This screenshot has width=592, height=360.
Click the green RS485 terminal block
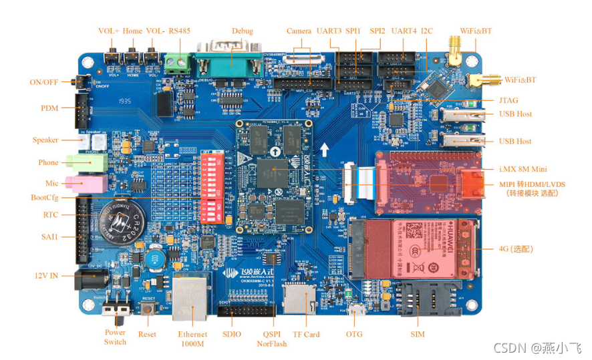pyautogui.click(x=177, y=62)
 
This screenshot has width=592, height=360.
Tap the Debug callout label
pyautogui.click(x=243, y=31)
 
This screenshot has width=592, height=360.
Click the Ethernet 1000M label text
pyautogui.click(x=192, y=339)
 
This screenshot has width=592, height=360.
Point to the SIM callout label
pyautogui.click(x=418, y=334)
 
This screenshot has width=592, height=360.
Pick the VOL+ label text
pyautogui.click(x=108, y=31)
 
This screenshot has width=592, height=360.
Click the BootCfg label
pyautogui.click(x=45, y=198)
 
